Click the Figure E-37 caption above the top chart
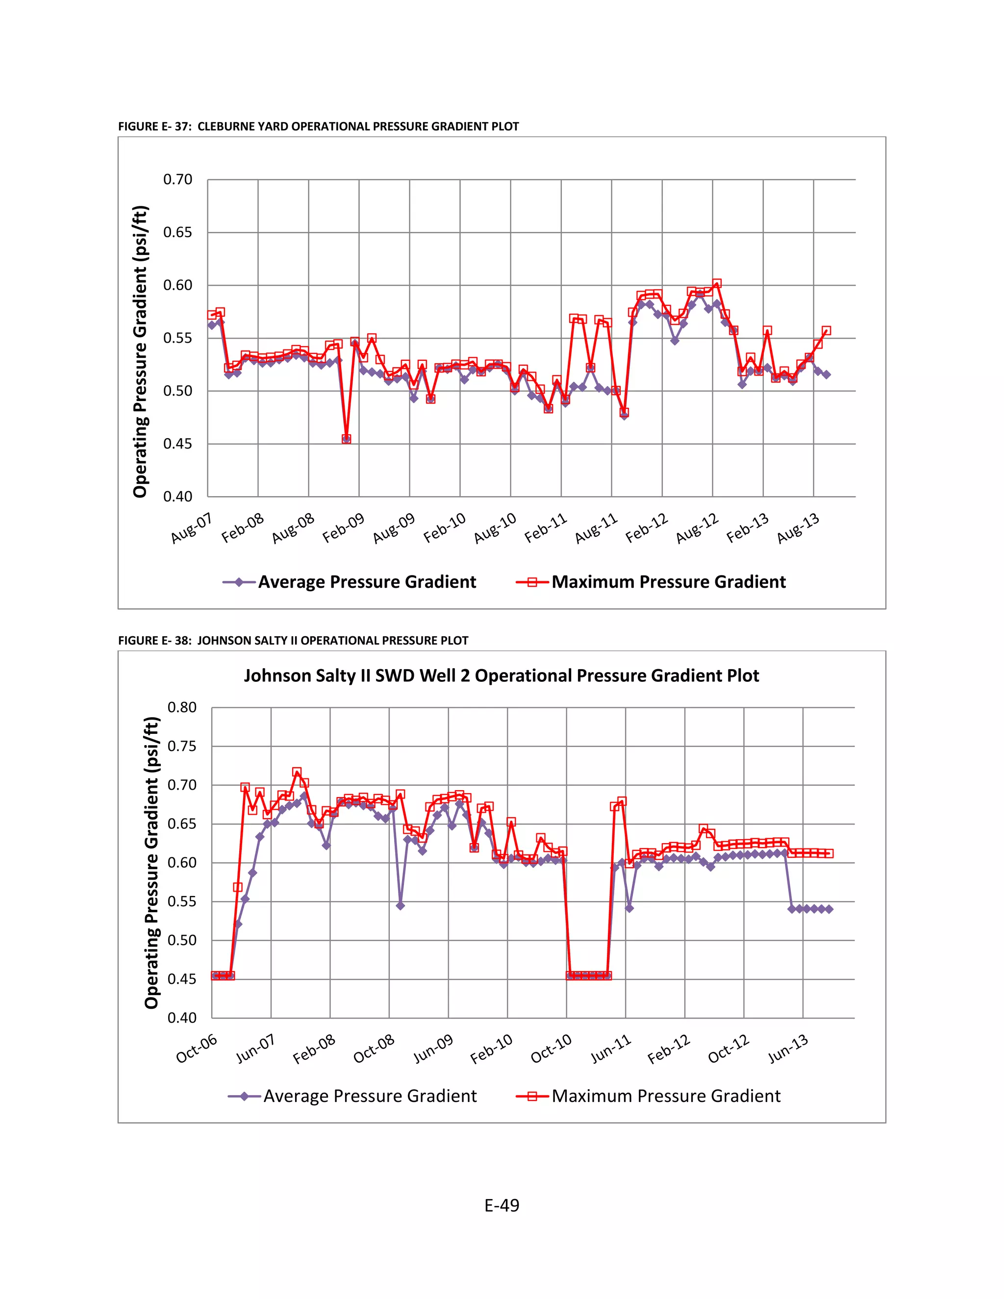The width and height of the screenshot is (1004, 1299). (318, 126)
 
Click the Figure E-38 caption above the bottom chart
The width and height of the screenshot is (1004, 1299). (293, 641)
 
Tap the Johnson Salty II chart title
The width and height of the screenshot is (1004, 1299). (502, 675)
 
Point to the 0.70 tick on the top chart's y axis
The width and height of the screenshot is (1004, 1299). (178, 179)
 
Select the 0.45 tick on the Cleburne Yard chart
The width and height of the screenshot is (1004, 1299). (178, 444)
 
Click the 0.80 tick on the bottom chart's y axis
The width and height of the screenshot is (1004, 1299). (182, 707)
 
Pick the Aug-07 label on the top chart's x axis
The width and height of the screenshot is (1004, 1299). (192, 527)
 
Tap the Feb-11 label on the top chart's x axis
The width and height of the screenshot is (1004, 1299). (546, 527)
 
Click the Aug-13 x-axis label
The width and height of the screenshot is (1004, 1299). (798, 527)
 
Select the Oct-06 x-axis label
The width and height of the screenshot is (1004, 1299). (197, 1049)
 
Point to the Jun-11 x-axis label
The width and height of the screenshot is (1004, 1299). (611, 1049)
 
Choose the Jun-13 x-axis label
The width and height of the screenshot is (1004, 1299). (788, 1049)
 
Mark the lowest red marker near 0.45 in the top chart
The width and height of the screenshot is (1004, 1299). (346, 439)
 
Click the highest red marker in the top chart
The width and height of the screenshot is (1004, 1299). (717, 284)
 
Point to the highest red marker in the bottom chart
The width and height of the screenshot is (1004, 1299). (297, 772)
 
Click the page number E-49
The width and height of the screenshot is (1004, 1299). (502, 1205)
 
